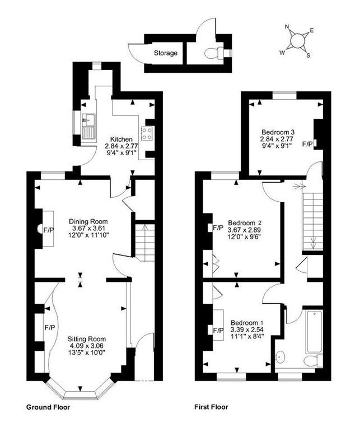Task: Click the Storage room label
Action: click(x=166, y=53)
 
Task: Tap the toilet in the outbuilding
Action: click(x=212, y=53)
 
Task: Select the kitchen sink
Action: click(x=88, y=126)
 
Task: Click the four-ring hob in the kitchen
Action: click(x=147, y=133)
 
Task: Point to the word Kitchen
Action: click(x=121, y=139)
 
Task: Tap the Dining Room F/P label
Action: click(x=49, y=230)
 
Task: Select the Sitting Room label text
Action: click(x=86, y=339)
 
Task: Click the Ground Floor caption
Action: click(x=48, y=407)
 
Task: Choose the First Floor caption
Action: click(x=211, y=407)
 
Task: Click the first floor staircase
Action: click(x=311, y=219)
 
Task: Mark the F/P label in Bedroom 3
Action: click(x=307, y=144)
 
